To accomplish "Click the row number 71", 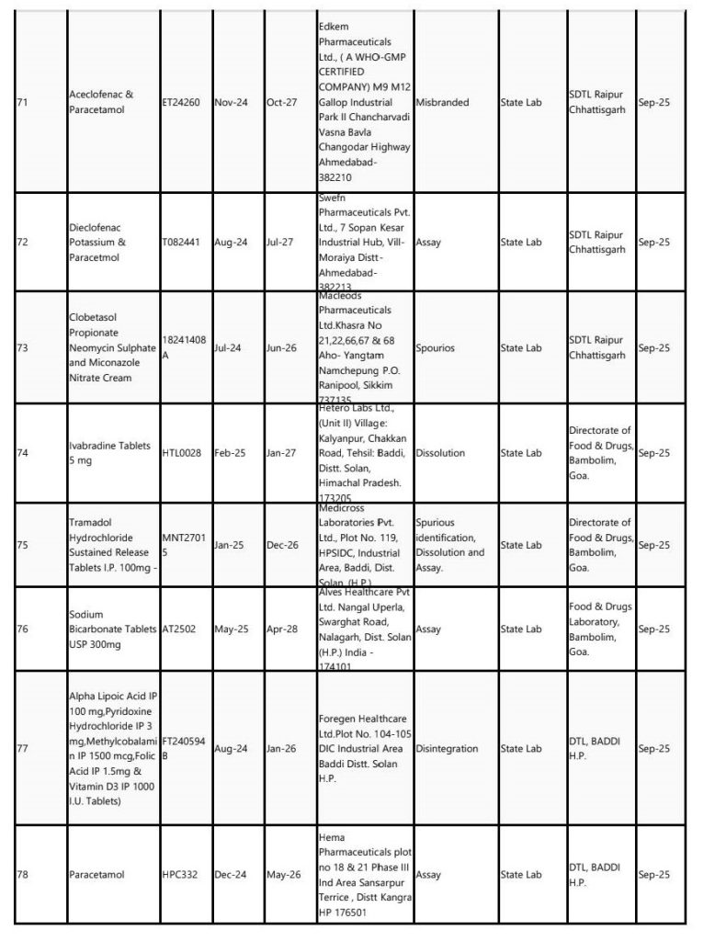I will click(x=21, y=102).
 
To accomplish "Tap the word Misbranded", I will click(x=445, y=102).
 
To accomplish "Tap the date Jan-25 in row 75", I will click(x=228, y=545).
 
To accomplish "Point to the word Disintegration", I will click(x=448, y=749).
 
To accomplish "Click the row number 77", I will click(x=22, y=749).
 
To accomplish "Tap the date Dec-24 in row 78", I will click(x=230, y=875).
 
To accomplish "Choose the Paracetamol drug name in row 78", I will click(x=96, y=875).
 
